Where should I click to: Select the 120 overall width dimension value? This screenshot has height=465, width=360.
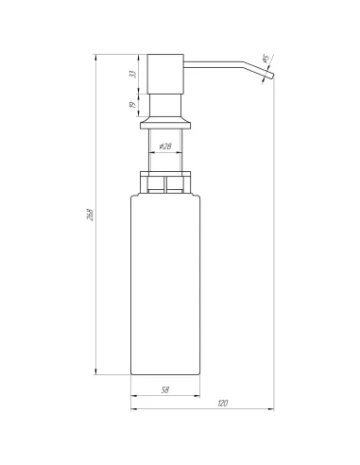tap(222, 404)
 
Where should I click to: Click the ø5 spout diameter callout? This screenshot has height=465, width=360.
tap(267, 59)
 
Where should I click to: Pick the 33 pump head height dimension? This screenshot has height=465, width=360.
tap(133, 72)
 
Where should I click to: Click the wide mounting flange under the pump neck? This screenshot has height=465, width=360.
tap(166, 122)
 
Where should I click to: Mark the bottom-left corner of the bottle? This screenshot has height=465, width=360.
tap(130, 374)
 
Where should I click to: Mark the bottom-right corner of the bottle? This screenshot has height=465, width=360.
tap(202, 374)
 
